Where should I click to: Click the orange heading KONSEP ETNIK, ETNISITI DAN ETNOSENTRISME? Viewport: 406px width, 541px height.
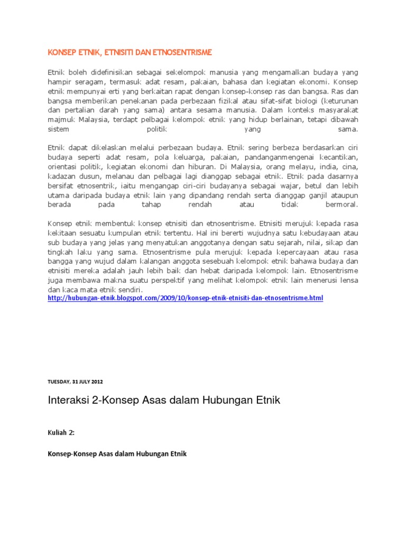click(130, 53)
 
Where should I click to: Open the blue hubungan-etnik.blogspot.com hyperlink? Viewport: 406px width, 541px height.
click(185, 299)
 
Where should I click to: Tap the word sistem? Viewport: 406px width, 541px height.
click(58, 129)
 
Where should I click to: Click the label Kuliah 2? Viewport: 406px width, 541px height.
click(61, 432)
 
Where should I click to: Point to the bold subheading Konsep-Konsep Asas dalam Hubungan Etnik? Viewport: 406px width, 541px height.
click(117, 454)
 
